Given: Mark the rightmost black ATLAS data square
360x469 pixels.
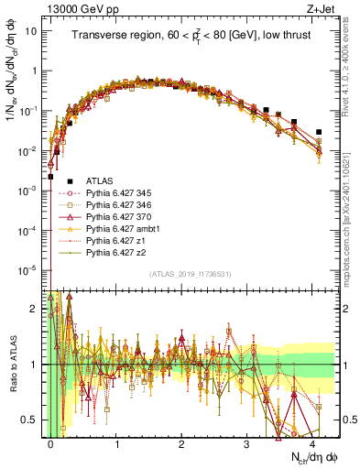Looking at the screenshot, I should pyautogui.click(x=319, y=132).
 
